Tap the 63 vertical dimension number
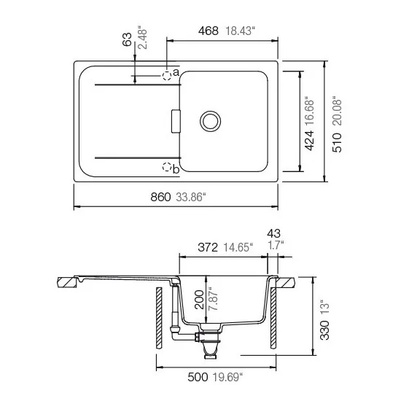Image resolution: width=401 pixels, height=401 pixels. pyautogui.click(x=128, y=40)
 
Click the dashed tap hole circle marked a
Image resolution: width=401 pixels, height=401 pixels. pyautogui.click(x=168, y=74)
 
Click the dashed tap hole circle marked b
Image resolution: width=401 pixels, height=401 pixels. pyautogui.click(x=167, y=166)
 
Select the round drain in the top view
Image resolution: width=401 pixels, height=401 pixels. pyautogui.click(x=211, y=121)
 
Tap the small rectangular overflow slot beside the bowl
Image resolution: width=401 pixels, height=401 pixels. pyautogui.click(x=174, y=121)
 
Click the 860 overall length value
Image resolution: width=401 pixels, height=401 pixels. pyautogui.click(x=160, y=198)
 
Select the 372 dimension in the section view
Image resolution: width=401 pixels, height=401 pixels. pyautogui.click(x=209, y=247)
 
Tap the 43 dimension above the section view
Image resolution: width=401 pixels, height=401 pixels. pyautogui.click(x=274, y=233)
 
